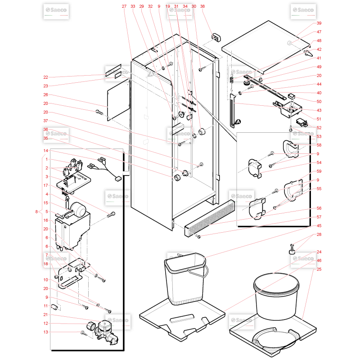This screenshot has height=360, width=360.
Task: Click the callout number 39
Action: pyautogui.click(x=319, y=23)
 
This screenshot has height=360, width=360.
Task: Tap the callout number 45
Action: pyautogui.click(x=319, y=226)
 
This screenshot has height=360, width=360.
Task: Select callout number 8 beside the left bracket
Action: pyautogui.click(x=36, y=211)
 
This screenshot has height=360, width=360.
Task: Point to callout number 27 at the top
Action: pyautogui.click(x=124, y=6)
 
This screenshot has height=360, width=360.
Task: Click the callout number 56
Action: pyautogui.click(x=319, y=208)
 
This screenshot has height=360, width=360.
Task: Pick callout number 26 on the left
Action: pyautogui.click(x=46, y=94)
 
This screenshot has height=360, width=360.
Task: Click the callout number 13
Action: pyautogui.click(x=46, y=332)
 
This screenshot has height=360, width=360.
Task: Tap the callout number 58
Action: pyautogui.click(x=319, y=145)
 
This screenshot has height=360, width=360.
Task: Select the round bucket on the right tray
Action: pyautogui.click(x=276, y=296)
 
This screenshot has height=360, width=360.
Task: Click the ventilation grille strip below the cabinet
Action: pyautogui.click(x=210, y=218)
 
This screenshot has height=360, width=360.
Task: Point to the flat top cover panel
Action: pyautogui.click(x=266, y=46)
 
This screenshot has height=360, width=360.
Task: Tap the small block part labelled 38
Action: pyautogui.click(x=216, y=37)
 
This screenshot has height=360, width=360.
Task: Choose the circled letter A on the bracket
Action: pyautogui.click(x=238, y=121)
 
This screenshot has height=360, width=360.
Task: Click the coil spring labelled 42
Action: pyautogui.click(x=231, y=80)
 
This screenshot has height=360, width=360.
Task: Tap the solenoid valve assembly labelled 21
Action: pyautogui.click(x=107, y=333)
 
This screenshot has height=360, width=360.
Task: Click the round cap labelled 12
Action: pyautogui.click(x=91, y=326)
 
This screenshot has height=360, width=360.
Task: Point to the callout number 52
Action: pyautogui.click(x=319, y=128)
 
